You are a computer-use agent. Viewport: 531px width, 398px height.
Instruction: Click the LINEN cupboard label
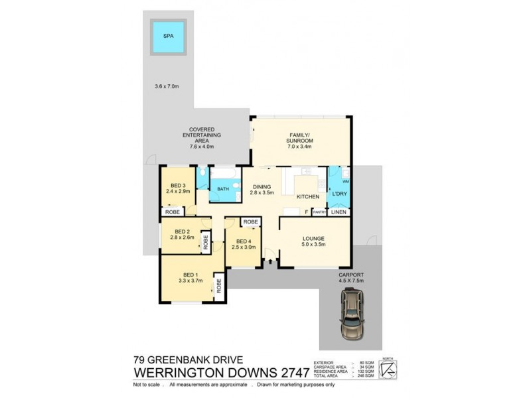(x=339, y=212)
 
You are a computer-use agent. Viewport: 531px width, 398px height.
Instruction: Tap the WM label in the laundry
(x=345, y=181)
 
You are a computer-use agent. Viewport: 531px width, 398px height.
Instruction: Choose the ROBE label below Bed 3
(x=173, y=212)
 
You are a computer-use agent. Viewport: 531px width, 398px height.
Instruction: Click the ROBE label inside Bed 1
(x=218, y=286)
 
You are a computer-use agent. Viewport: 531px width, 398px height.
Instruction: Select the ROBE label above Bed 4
(x=250, y=222)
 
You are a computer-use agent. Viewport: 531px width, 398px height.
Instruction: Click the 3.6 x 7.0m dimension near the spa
(x=167, y=86)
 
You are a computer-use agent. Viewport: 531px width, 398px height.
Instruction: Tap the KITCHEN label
(x=307, y=197)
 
